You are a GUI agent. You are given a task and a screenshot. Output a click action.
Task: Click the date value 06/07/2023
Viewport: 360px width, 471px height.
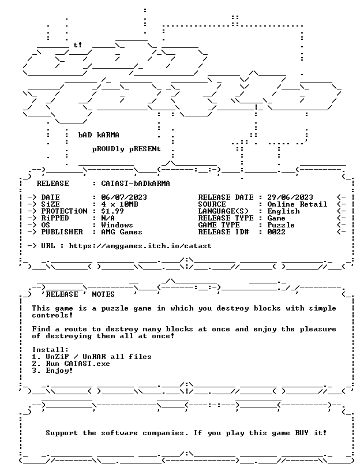point(124,197)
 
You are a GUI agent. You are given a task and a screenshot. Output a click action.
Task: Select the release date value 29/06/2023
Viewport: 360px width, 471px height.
point(290,197)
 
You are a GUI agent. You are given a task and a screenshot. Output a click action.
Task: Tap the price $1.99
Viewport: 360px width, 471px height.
point(112,211)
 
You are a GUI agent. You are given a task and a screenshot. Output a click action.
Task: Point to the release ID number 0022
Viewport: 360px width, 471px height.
point(276,232)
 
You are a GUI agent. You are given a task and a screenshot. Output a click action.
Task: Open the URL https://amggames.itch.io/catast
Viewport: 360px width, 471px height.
point(140,246)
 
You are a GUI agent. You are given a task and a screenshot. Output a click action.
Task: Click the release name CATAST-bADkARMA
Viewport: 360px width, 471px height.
point(136,183)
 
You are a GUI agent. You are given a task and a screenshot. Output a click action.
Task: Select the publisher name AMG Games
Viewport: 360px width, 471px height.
point(122,232)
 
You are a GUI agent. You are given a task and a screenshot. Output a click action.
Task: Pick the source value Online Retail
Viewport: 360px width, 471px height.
point(297,204)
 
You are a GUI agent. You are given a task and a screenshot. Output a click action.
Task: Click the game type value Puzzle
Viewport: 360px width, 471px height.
point(281,225)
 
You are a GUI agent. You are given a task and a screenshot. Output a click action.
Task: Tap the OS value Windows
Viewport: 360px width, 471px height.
point(117,225)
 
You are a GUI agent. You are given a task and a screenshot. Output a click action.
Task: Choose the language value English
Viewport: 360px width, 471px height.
point(283,211)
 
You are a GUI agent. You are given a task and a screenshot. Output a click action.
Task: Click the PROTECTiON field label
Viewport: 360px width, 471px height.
point(64,211)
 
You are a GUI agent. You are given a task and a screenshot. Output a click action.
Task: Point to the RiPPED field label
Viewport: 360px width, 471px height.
point(55,218)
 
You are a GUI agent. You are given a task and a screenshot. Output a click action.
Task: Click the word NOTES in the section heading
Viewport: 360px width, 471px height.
point(103,294)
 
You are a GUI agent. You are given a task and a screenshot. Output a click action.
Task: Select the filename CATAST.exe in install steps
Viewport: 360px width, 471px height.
point(87,364)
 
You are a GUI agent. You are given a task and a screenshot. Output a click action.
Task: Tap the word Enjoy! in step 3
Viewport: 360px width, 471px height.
point(59,371)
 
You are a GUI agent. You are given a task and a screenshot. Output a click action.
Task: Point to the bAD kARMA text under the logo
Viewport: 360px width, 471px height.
point(99,135)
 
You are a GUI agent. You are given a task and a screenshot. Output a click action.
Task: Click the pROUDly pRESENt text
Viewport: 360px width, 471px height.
point(126,149)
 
